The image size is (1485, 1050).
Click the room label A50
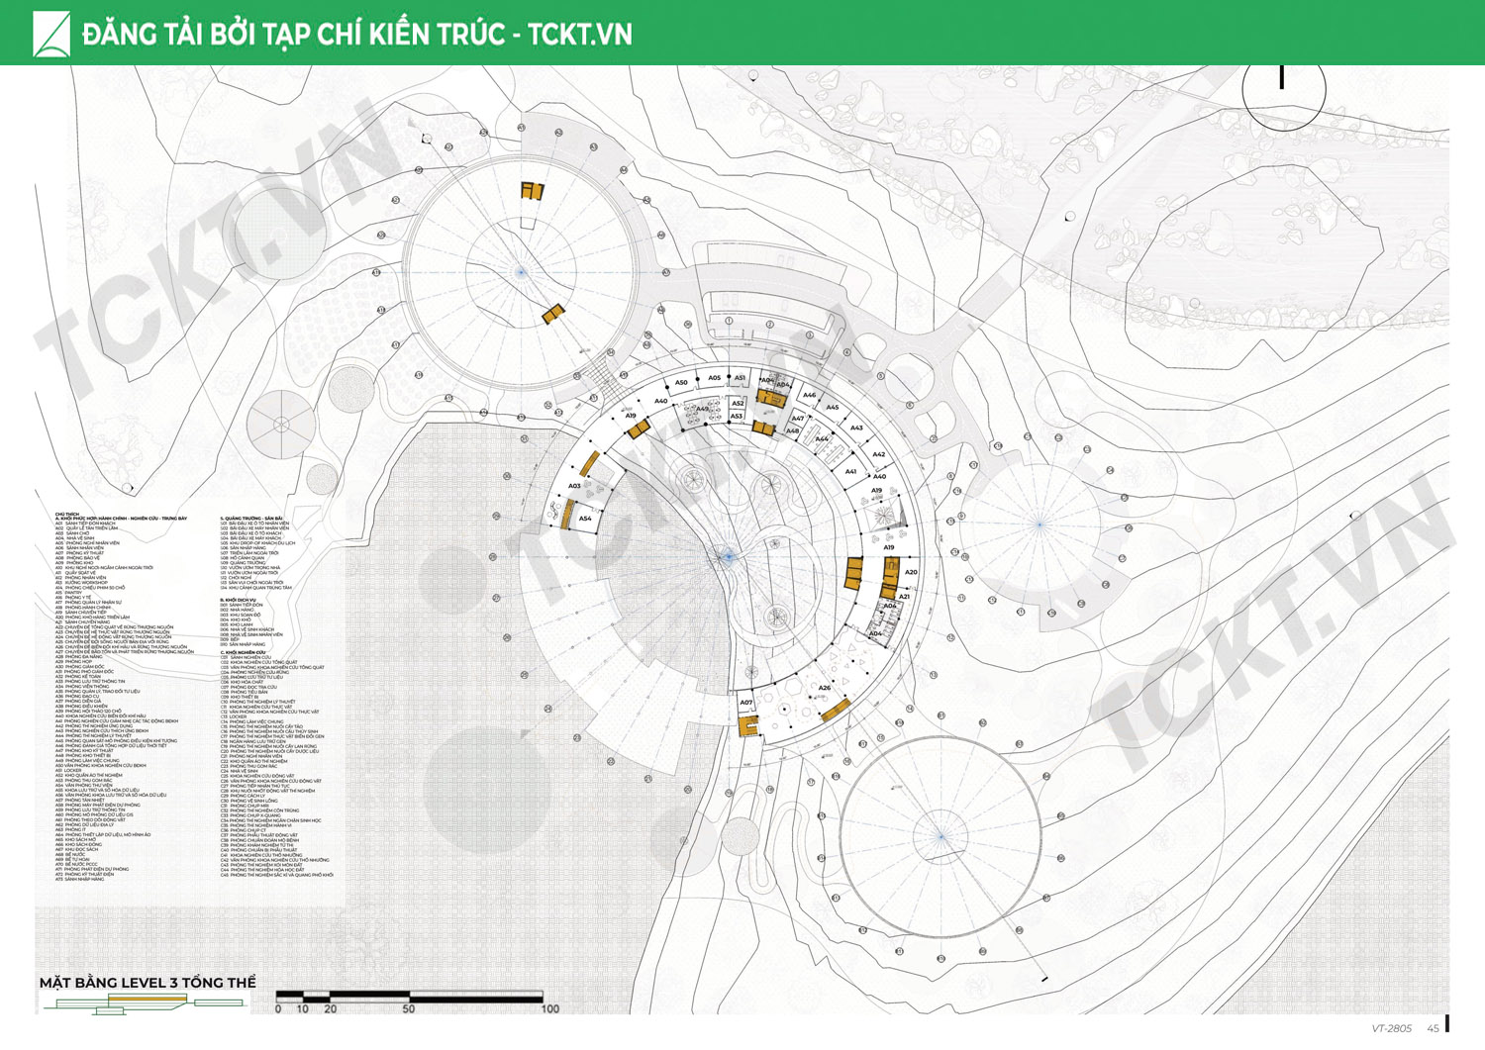(681, 383)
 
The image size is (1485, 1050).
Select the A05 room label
(715, 378)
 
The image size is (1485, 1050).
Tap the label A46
(809, 395)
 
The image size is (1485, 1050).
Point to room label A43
(856, 428)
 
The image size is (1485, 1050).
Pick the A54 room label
(585, 518)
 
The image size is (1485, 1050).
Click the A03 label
(574, 486)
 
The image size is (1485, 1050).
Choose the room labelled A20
(911, 572)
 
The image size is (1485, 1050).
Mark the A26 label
(824, 688)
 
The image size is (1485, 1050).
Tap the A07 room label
(746, 703)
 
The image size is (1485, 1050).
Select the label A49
(702, 409)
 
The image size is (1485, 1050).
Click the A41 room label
(850, 471)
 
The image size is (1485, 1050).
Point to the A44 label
(821, 439)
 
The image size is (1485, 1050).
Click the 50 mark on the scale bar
(409, 1009)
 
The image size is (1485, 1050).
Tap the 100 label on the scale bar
(549, 1009)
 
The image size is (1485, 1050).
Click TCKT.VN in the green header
(579, 34)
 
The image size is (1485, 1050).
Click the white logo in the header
(51, 34)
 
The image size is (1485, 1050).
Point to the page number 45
(1433, 1029)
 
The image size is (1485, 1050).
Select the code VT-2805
(1392, 1029)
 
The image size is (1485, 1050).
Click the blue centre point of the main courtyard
(729, 557)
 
